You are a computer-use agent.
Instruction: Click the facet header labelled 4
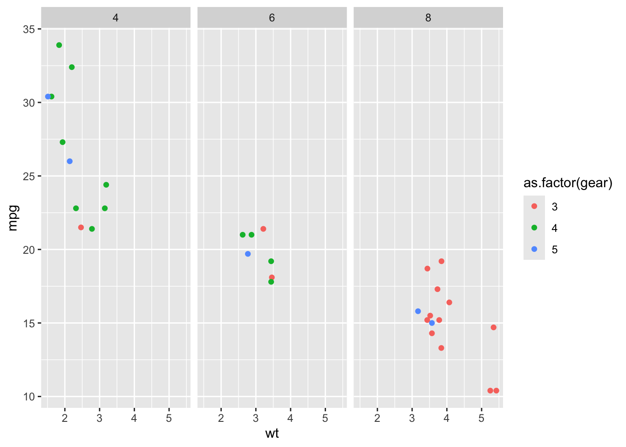(116, 18)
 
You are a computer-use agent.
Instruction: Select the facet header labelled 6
(272, 18)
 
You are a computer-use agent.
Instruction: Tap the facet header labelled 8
(428, 18)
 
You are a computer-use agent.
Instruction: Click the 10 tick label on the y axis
(29, 397)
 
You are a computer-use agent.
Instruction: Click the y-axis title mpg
(13, 218)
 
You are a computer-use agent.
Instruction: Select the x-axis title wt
(272, 433)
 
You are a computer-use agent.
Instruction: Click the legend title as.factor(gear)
(568, 183)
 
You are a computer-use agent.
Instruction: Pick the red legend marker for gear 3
(534, 206)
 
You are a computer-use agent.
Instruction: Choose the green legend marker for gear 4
(534, 228)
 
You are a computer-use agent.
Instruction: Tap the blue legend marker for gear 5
(534, 249)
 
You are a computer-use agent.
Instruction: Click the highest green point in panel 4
(59, 45)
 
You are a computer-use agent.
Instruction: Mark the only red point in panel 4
(81, 227)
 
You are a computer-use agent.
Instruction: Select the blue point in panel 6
(248, 254)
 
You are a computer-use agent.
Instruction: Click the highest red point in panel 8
(442, 261)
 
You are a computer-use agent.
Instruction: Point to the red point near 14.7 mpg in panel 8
(494, 327)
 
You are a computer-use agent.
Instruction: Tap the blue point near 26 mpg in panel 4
(70, 161)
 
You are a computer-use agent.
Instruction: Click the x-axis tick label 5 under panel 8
(481, 418)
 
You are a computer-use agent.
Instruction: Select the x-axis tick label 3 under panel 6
(256, 418)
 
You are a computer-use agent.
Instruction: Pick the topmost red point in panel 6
(263, 229)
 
